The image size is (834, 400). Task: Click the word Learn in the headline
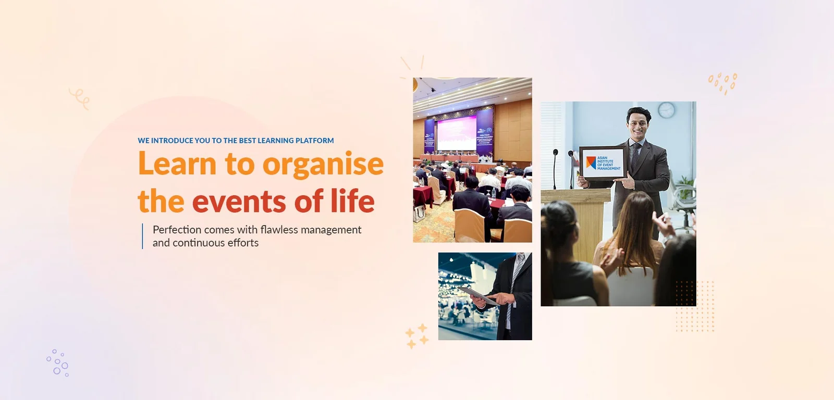(x=177, y=164)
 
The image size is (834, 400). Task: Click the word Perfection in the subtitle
(x=177, y=230)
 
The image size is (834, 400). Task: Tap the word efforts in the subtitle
(x=243, y=243)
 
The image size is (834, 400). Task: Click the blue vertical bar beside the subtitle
(x=142, y=236)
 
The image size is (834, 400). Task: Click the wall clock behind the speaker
(x=666, y=110)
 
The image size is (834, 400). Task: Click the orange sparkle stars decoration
(x=417, y=336)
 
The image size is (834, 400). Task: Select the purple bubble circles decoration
(x=58, y=362)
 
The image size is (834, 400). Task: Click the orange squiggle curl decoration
(x=80, y=98)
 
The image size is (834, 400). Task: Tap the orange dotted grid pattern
(x=694, y=306)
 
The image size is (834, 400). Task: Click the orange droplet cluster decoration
(x=723, y=83)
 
